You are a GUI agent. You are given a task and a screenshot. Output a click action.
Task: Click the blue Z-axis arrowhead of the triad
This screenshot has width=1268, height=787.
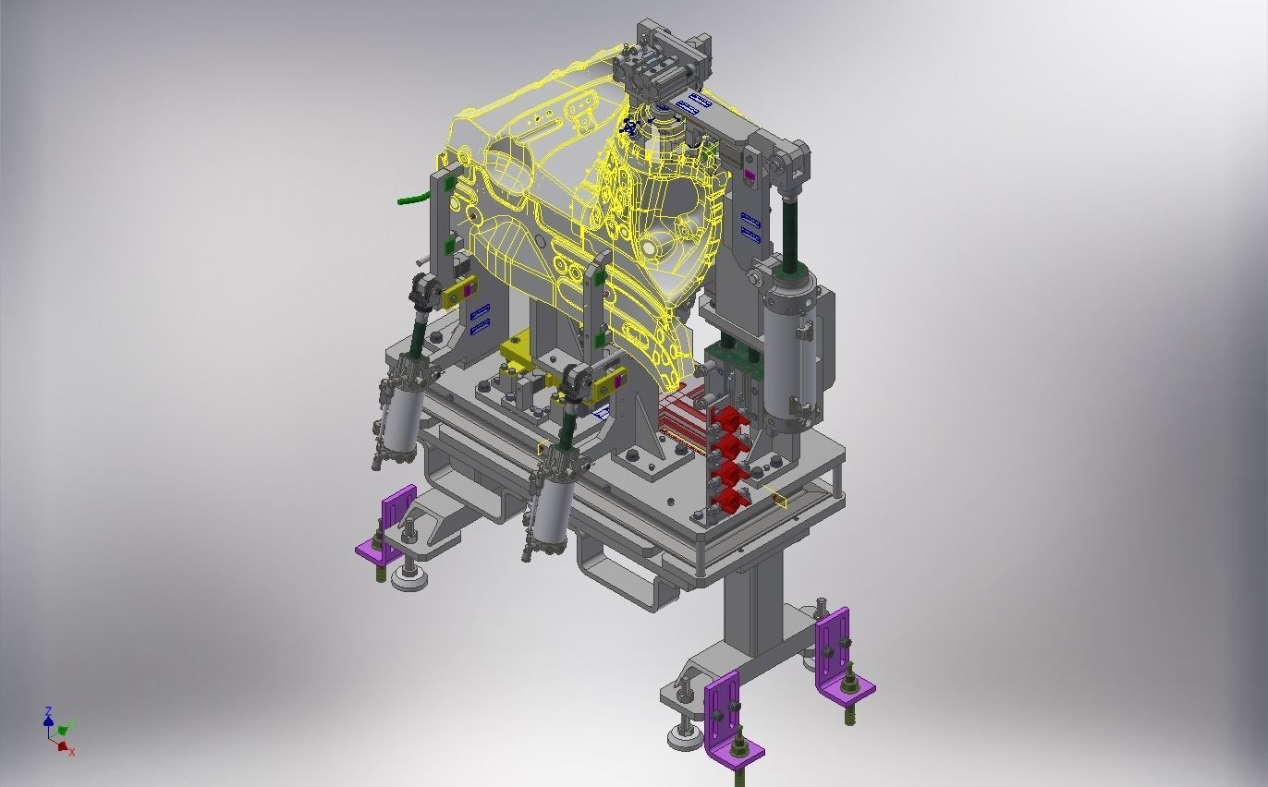click(48, 711)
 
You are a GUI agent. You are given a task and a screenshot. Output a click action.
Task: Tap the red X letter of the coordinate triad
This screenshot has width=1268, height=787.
click(72, 753)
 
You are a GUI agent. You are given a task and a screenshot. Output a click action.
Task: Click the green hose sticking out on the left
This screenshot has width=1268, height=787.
click(410, 197)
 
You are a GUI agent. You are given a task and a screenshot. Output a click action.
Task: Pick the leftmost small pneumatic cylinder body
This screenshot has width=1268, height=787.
click(398, 423)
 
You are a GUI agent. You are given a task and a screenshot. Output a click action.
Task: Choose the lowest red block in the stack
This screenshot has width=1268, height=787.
click(728, 502)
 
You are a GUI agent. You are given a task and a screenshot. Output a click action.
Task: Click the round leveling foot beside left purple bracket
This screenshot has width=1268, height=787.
click(409, 578)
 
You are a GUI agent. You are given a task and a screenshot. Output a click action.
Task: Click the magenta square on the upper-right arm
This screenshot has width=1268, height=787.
click(750, 175)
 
